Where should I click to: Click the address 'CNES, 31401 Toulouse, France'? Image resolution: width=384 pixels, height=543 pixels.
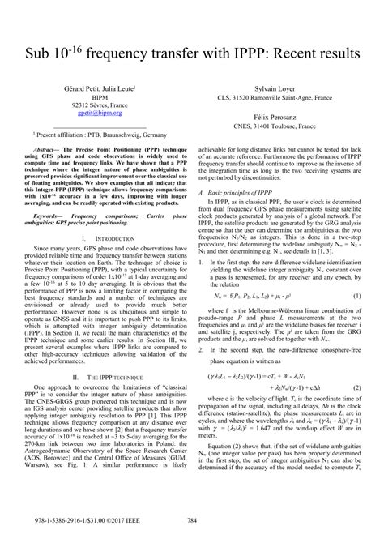pyautogui.click(x=274, y=126)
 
